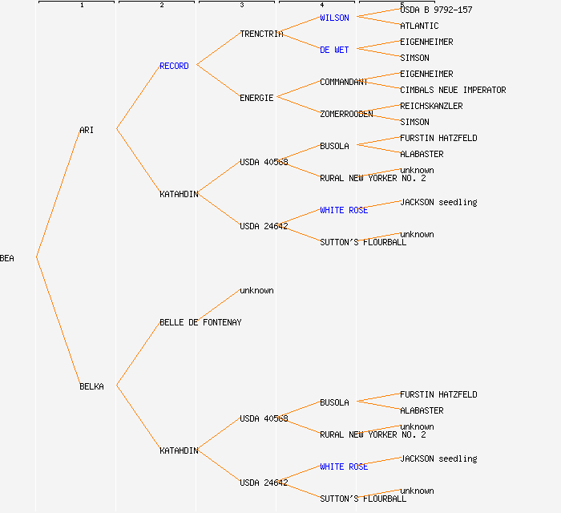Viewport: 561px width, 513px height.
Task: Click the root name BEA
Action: point(7,258)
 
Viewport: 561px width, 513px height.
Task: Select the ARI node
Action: point(87,130)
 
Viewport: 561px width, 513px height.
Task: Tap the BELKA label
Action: point(91,386)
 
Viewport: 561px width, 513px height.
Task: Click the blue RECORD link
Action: point(174,66)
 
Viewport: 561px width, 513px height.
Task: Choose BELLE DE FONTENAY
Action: point(200,322)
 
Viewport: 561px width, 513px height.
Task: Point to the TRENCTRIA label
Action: point(261,34)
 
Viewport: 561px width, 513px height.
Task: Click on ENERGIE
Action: point(256,98)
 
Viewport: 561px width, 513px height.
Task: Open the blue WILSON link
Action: point(334,18)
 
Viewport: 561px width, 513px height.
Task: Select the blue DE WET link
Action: point(334,50)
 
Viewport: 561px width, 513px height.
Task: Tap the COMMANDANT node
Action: point(344,82)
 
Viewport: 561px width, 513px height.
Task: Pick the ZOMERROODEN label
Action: point(346,114)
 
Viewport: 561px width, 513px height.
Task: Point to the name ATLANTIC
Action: point(419,26)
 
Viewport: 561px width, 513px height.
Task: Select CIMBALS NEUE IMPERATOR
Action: point(453,90)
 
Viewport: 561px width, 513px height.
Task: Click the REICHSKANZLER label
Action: point(431,106)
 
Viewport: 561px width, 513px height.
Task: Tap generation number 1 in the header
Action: point(81,6)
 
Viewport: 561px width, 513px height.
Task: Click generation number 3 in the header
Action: point(241,6)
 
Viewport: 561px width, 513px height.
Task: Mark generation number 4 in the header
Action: point(321,6)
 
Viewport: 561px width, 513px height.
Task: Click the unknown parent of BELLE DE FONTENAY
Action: point(256,290)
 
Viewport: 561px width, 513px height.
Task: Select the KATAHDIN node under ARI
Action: point(179,194)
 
